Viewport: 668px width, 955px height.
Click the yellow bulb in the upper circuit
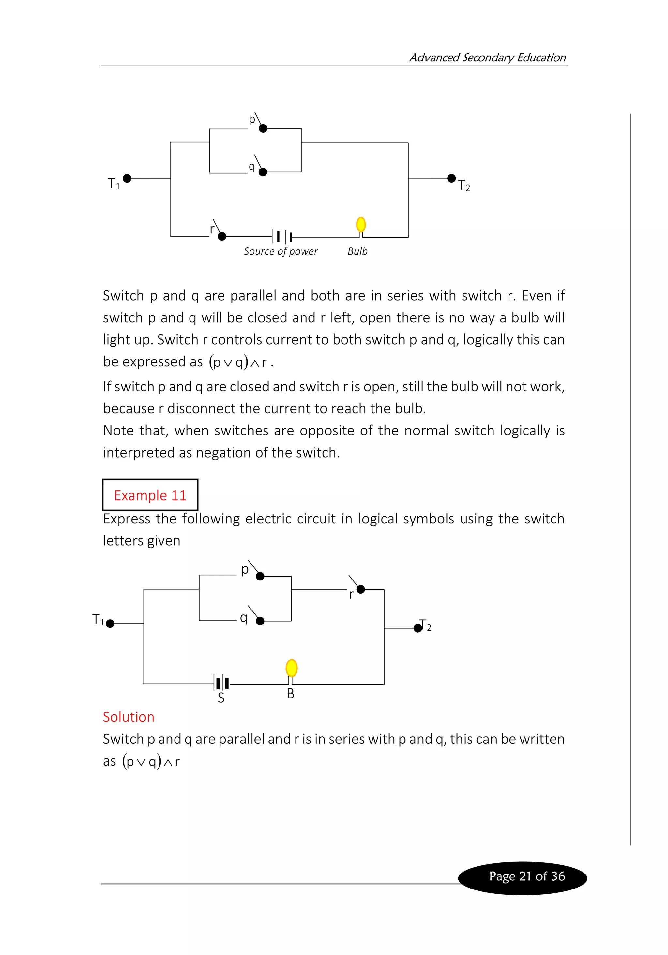click(361, 225)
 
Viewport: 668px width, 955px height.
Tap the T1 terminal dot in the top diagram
click(127, 178)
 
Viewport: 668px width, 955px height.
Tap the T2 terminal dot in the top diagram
click(451, 178)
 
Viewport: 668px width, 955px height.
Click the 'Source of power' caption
click(281, 251)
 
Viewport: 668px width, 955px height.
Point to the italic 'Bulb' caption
click(357, 251)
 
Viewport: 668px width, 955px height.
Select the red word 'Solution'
click(129, 717)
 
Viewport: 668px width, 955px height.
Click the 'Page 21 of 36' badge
click(526, 876)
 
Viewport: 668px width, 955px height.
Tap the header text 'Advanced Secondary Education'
click(487, 57)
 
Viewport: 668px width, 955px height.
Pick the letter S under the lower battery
click(221, 698)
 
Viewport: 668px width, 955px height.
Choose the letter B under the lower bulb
click(291, 693)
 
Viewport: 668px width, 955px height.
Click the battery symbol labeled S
click(221, 683)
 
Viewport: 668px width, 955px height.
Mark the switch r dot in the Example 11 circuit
click(361, 589)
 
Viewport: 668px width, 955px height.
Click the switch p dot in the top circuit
click(263, 128)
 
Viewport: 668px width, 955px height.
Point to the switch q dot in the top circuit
click(263, 172)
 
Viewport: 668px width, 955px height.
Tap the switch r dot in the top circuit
click(222, 236)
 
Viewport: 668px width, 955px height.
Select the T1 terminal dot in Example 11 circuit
click(110, 624)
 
